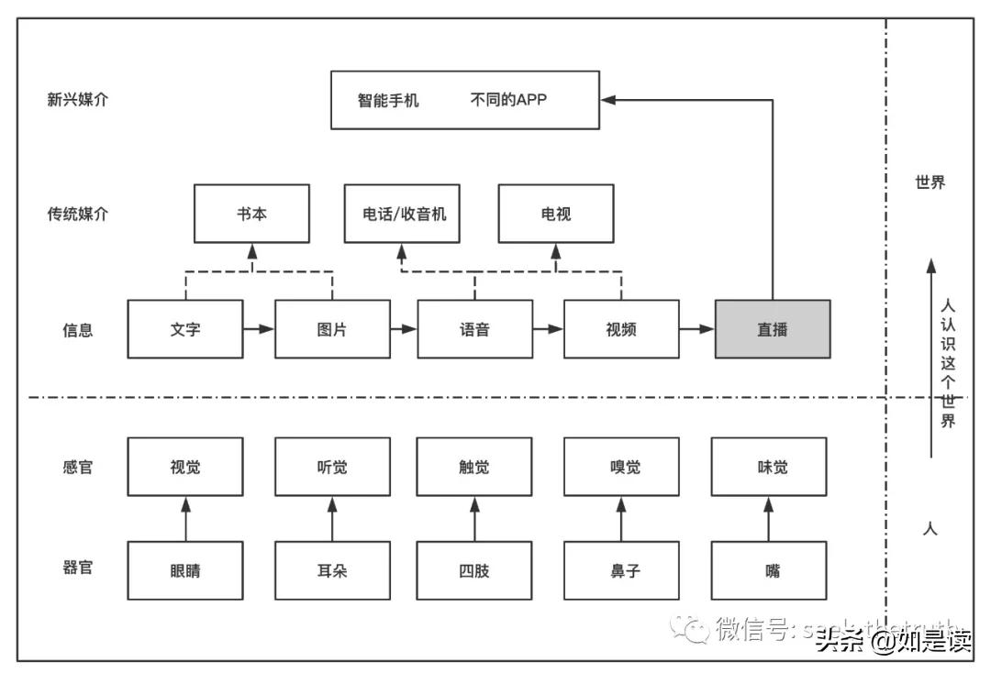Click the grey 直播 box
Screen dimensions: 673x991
773,329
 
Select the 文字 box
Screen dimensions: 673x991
185,329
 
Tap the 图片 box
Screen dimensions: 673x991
332,329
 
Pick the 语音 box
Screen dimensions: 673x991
474,329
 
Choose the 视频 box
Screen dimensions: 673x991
621,329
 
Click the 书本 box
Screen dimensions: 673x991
251,214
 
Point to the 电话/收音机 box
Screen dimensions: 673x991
402,214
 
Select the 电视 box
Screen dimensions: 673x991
556,214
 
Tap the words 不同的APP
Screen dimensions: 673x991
507,100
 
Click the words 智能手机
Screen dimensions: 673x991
388,100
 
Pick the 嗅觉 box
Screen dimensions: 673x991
621,467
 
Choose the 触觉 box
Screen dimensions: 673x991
474,467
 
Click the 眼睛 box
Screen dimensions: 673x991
185,570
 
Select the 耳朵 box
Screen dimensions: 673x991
332,570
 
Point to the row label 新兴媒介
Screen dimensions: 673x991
78,100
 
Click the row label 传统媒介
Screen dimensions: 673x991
78,214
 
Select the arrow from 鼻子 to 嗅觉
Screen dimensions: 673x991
621,519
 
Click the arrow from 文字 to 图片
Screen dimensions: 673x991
259,329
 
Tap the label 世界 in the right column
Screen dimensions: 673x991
930,182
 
